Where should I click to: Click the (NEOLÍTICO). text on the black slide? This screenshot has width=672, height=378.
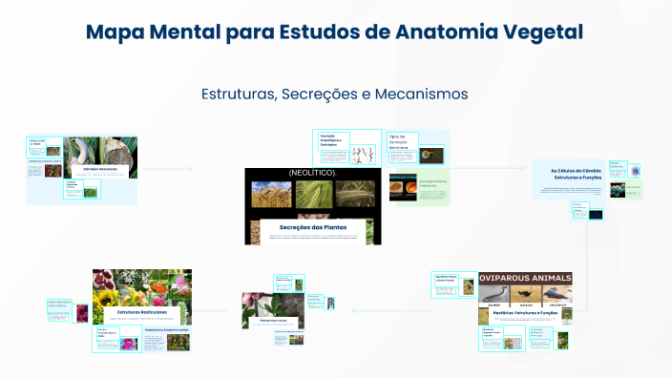(312, 172)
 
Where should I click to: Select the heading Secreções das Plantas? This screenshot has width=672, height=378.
(312, 226)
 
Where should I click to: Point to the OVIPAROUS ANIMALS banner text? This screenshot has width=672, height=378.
(525, 278)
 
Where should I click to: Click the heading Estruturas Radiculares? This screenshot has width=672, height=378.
(140, 312)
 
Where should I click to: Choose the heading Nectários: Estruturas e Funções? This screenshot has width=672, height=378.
(525, 312)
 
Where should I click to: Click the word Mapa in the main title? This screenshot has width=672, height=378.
(116, 31)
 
